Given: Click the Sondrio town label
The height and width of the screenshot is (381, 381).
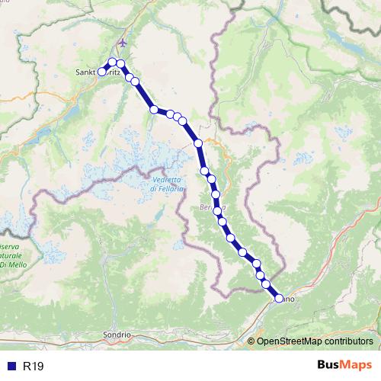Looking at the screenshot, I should coord(117,335).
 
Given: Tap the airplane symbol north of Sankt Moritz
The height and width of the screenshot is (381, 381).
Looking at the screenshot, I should coord(124,42).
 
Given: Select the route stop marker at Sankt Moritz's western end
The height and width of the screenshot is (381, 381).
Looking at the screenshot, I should coord(101,72).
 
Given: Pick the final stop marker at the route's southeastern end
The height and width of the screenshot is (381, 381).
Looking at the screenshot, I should coord(279,299).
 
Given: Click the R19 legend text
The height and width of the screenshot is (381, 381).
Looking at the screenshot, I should coord(34,367).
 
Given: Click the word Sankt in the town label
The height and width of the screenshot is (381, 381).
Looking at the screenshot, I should coord(86,72).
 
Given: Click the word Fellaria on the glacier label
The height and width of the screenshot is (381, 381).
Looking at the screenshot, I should coord(164,188).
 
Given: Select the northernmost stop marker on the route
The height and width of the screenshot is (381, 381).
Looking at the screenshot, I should coord(112,62).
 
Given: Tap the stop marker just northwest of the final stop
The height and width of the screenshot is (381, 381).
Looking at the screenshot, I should coord(266,284).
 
